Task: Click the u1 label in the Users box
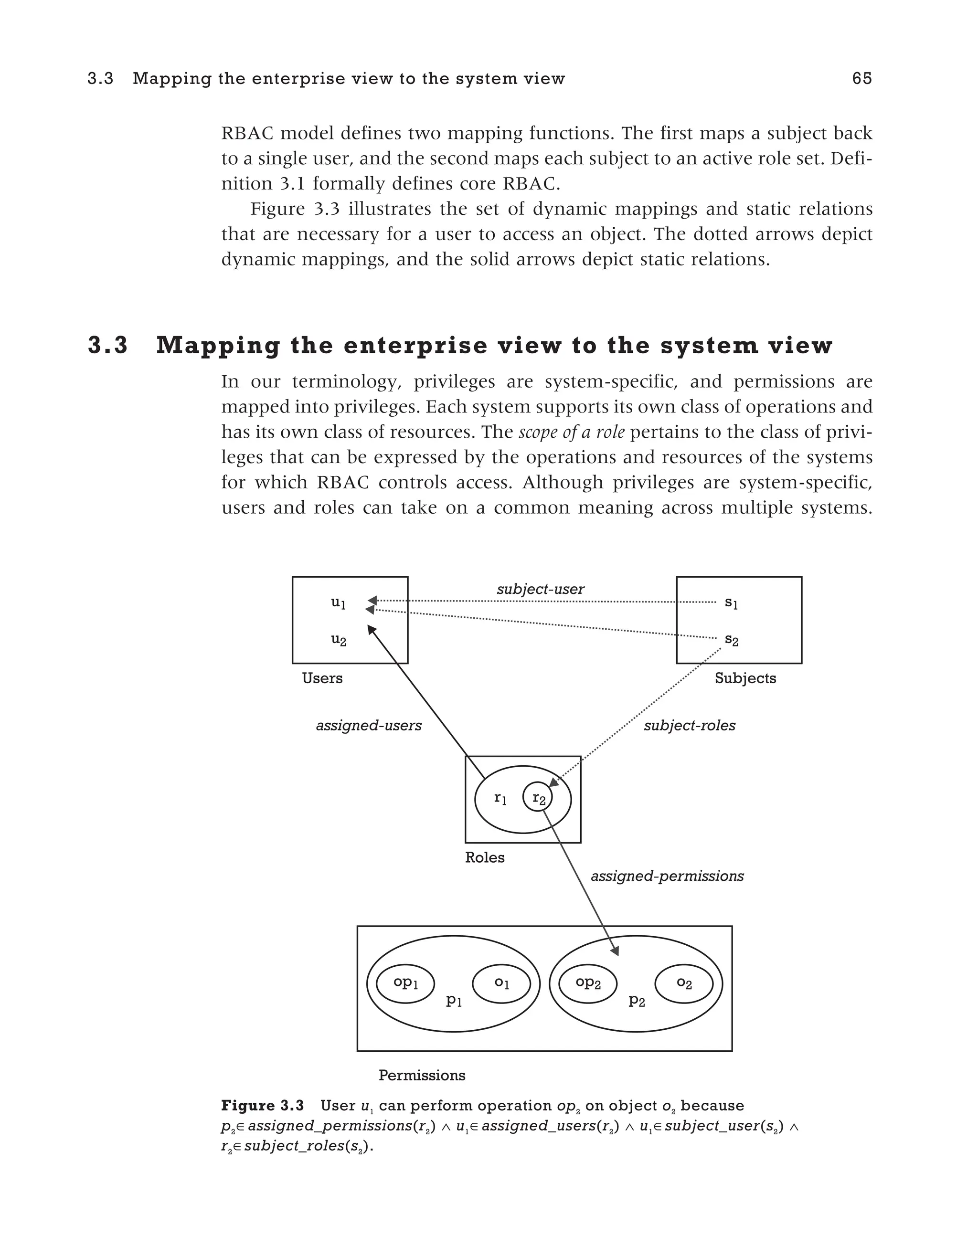click(339, 602)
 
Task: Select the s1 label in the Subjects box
click(731, 602)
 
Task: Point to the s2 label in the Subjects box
click(731, 639)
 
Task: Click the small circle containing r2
click(538, 798)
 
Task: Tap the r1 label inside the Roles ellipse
click(500, 798)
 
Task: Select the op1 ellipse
click(405, 983)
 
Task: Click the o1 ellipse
click(501, 983)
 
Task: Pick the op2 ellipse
click(588, 983)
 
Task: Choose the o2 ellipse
click(684, 983)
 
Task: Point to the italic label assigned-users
click(368, 725)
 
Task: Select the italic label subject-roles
click(689, 725)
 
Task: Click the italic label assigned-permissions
click(667, 876)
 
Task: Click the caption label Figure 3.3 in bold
click(263, 1106)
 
